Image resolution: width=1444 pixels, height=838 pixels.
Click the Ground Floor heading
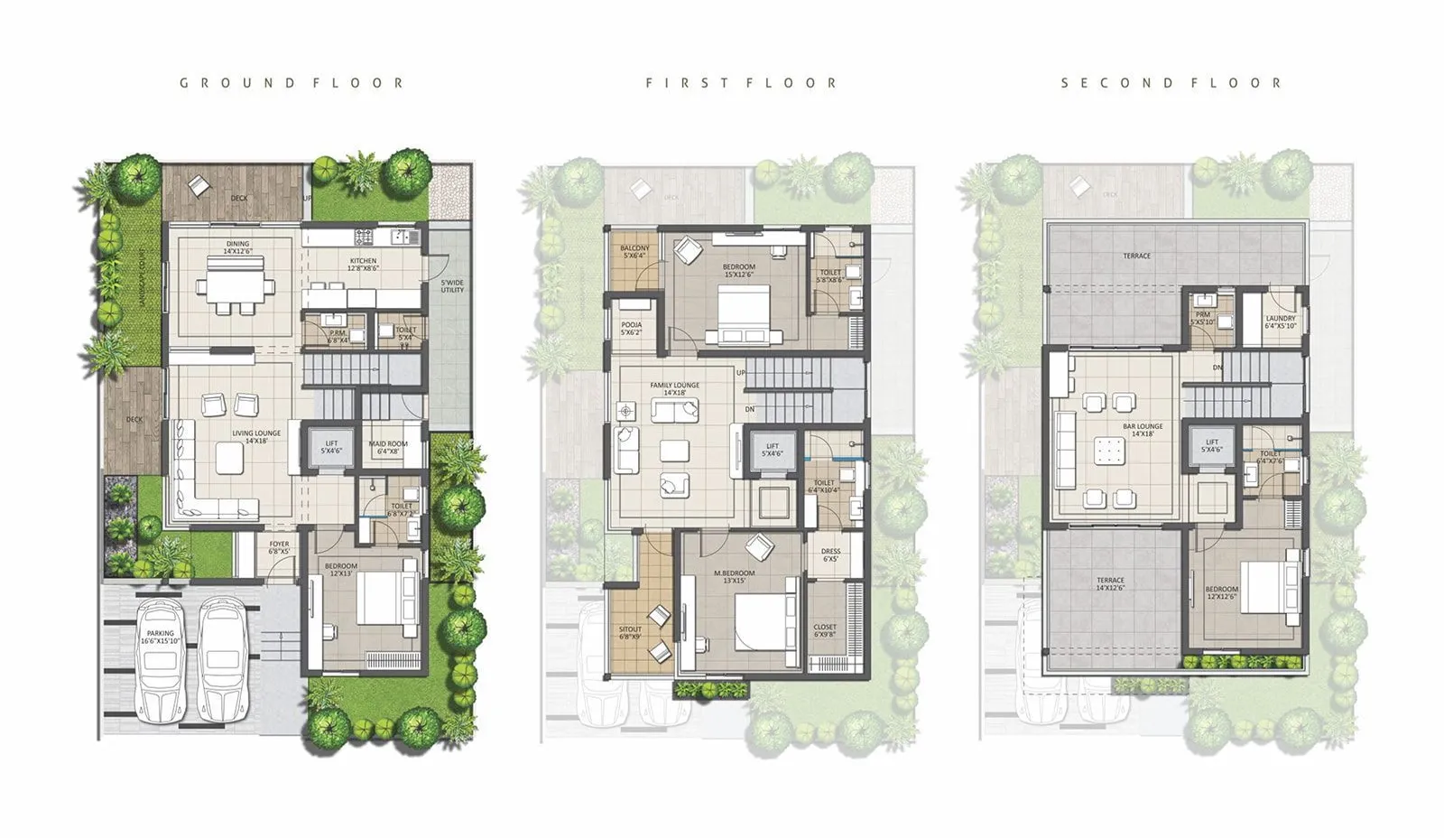click(x=292, y=83)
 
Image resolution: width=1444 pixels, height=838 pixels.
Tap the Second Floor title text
click(x=1171, y=83)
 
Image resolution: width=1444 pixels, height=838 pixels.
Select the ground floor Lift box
click(x=331, y=446)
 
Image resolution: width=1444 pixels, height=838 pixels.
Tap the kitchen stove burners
click(x=364, y=237)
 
